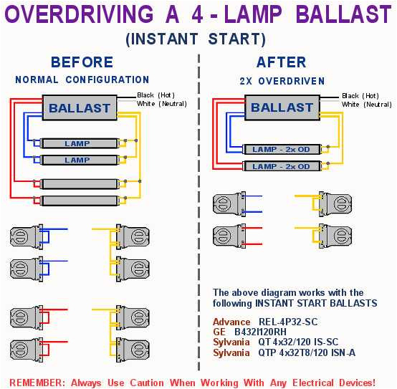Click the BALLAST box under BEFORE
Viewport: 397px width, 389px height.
click(80, 109)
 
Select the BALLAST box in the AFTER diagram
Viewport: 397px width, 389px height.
click(282, 108)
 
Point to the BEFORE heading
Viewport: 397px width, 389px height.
click(82, 62)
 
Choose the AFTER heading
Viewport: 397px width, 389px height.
click(281, 62)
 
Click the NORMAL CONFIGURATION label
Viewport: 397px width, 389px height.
click(82, 80)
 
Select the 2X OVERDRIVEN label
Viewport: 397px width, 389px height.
click(282, 80)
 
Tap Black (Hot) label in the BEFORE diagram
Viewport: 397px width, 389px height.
click(155, 95)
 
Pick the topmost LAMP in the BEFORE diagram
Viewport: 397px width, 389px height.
click(77, 143)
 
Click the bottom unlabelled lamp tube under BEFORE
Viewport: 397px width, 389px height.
click(77, 201)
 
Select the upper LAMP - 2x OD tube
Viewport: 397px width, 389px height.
click(281, 149)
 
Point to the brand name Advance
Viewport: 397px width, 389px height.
click(231, 322)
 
